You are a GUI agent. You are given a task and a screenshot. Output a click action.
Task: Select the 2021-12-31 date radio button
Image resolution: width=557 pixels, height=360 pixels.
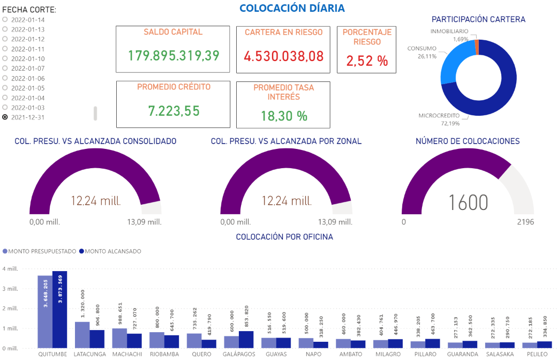tap(5, 117)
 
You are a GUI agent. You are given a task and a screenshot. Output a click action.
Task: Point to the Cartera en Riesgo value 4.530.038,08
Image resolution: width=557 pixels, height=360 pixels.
tap(283, 56)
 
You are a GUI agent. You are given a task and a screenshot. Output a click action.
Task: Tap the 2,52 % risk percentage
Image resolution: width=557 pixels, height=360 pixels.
tap(367, 61)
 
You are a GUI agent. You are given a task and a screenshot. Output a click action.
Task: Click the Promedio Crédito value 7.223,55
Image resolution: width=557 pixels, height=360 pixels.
tap(174, 111)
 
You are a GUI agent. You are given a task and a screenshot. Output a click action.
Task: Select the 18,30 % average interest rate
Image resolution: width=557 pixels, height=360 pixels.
tap(283, 116)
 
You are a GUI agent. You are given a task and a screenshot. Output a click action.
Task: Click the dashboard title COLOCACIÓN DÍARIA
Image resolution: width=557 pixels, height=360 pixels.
tap(292, 8)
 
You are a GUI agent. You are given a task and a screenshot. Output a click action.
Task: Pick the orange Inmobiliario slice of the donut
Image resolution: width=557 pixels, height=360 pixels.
tap(477, 47)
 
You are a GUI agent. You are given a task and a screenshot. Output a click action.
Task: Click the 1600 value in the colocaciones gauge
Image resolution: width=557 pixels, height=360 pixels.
tap(468, 203)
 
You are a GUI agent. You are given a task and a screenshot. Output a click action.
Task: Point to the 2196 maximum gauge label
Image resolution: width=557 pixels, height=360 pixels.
tap(525, 222)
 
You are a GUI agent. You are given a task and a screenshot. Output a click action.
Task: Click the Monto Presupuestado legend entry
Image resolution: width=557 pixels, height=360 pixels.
tap(40, 251)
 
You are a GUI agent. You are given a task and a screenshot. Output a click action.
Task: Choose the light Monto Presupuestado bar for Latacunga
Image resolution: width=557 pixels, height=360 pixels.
tap(82, 335)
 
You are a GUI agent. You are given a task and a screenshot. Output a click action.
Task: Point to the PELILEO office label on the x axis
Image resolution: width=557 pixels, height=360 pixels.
tap(537, 354)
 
